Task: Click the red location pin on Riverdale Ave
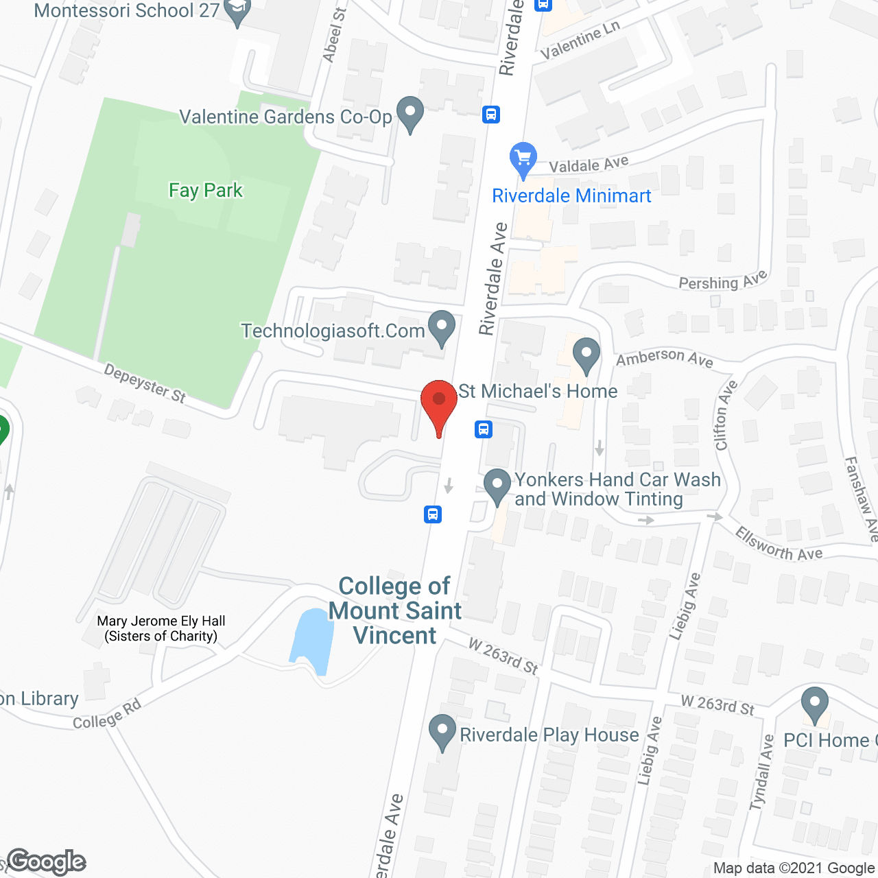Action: [x=439, y=402]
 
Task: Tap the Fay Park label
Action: [x=206, y=190]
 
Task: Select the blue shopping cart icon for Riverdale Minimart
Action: [x=523, y=159]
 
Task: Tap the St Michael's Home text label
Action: [x=538, y=391]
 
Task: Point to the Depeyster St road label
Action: [x=145, y=383]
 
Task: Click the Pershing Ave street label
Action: [x=722, y=281]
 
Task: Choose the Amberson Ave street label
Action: [x=664, y=357]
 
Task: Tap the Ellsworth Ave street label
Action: [x=779, y=545]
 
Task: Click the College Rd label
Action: [x=107, y=714]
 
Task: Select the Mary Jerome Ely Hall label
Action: [x=161, y=628]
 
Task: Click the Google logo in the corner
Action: [x=47, y=862]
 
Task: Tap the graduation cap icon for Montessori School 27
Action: [x=237, y=12]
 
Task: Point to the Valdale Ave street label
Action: [x=589, y=165]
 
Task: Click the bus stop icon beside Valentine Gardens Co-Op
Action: [x=491, y=114]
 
